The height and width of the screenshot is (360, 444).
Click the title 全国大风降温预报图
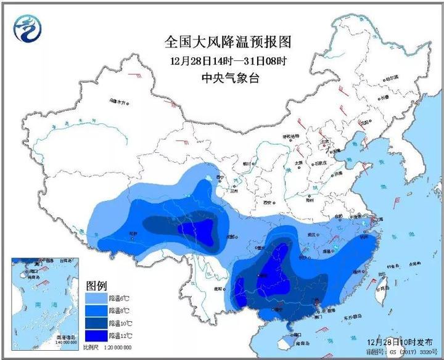227,42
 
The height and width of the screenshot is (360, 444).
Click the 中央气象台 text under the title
227,77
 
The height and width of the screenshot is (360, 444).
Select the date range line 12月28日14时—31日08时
227,60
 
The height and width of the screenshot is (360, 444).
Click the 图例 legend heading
96,285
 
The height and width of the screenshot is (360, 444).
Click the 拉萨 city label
133,233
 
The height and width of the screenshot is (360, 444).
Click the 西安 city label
267,202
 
